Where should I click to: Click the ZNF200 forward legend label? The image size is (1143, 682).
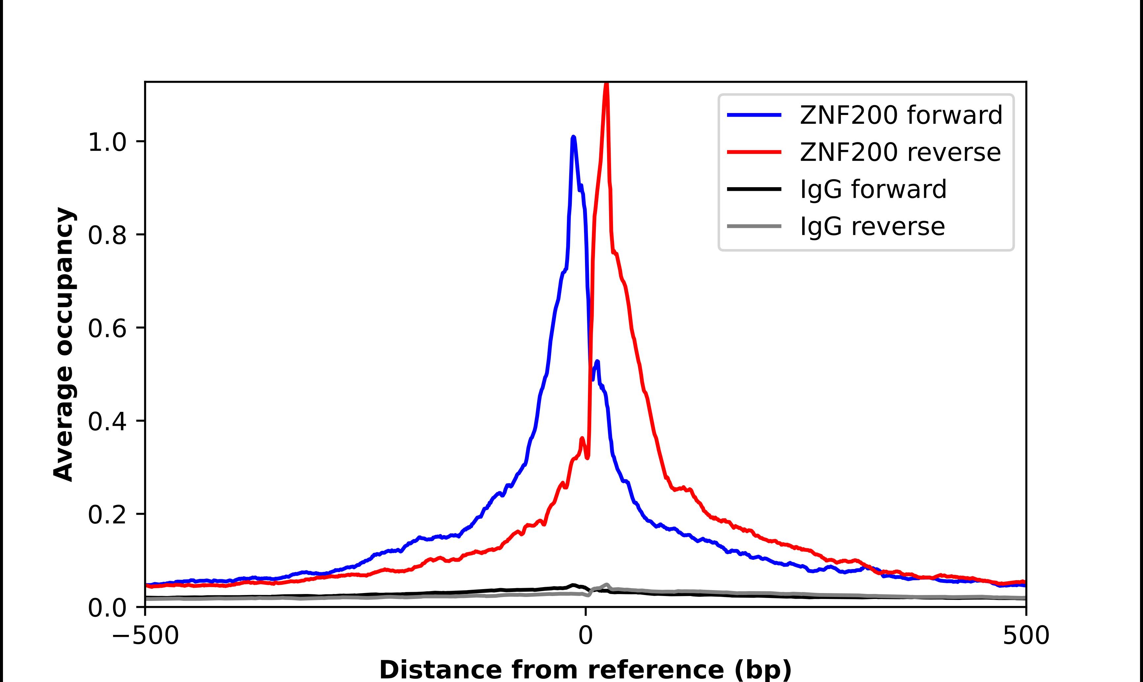[x=901, y=115]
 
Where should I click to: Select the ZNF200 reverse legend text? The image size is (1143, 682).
[x=900, y=152]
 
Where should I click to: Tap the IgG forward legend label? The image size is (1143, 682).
[x=873, y=189]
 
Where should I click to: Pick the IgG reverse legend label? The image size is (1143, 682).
[x=872, y=227]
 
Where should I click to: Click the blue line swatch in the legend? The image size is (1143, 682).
[x=754, y=115]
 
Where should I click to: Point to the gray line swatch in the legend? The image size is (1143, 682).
[x=754, y=226]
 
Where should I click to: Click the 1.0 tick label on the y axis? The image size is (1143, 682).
[x=107, y=142]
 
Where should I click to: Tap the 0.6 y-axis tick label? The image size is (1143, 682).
[x=107, y=328]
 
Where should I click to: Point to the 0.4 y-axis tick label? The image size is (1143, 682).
[x=107, y=422]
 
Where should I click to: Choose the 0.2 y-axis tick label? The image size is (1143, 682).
[x=107, y=515]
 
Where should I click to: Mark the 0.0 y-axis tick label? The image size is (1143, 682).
[x=107, y=608]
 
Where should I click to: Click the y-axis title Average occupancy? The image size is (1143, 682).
[x=63, y=345]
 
